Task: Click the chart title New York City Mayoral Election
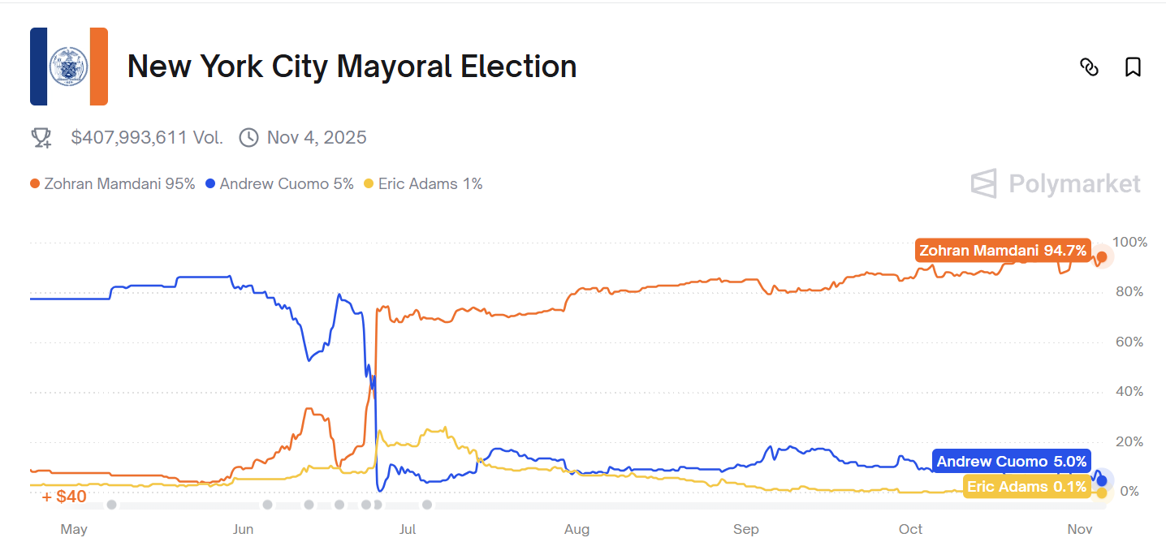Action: point(352,67)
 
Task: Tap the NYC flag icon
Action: point(69,67)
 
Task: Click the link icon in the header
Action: point(1089,67)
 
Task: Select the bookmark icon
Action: point(1133,67)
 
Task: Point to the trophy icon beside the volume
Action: point(41,138)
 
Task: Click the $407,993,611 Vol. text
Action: point(147,138)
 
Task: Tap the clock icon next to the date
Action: point(248,138)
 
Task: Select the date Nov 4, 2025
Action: point(317,138)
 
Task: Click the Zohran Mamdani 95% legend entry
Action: point(113,184)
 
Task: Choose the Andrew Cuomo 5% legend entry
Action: point(280,184)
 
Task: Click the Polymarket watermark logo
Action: point(1056,184)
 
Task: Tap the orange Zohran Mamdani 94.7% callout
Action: point(1003,251)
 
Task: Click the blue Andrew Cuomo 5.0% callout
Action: point(1011,462)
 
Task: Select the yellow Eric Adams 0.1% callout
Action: point(1026,487)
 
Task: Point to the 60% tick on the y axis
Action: point(1129,342)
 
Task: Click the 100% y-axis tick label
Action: point(1129,242)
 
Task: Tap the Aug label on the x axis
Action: point(577,530)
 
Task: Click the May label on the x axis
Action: point(74,530)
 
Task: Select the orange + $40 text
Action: point(64,496)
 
